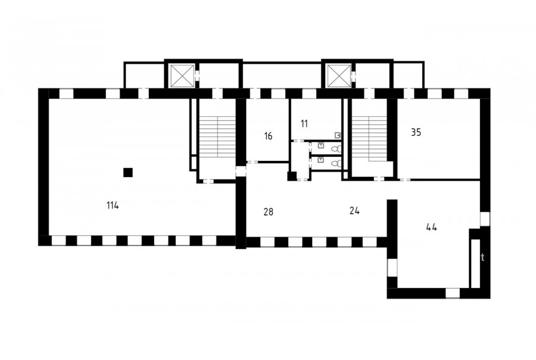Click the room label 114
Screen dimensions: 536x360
click(x=113, y=206)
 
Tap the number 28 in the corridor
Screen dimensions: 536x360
click(x=269, y=212)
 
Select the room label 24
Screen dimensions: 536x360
click(x=354, y=211)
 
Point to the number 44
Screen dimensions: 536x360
click(x=432, y=227)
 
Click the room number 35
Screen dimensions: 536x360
click(x=416, y=132)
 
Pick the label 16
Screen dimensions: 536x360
click(x=268, y=136)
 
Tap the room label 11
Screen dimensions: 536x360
click(x=304, y=123)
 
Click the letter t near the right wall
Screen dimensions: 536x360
click(x=482, y=257)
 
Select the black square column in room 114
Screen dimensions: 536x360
click(x=128, y=172)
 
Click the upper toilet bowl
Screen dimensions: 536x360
click(x=336, y=148)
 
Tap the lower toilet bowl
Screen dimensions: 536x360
click(x=336, y=163)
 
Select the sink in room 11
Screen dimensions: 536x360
click(x=338, y=135)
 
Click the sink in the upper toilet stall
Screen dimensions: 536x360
click(x=321, y=145)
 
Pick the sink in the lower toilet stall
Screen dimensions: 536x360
click(x=321, y=160)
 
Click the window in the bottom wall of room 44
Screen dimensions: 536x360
click(x=453, y=293)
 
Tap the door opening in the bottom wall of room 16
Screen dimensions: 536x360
click(x=253, y=162)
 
